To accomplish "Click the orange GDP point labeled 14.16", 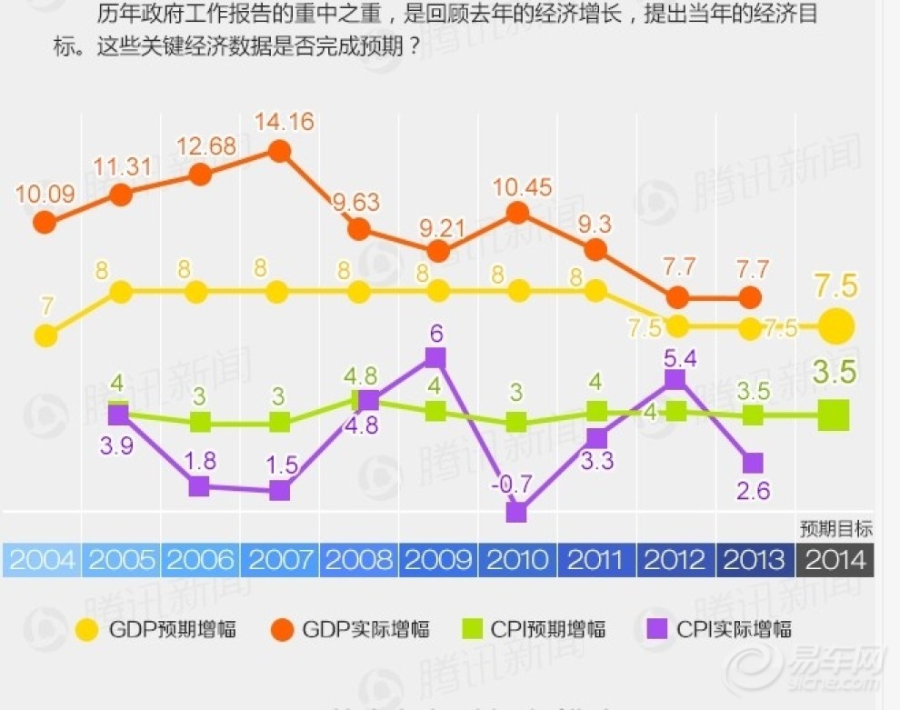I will click(280, 151).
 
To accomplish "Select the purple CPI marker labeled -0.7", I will click(516, 512).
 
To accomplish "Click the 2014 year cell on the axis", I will click(835, 559).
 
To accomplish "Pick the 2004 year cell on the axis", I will click(42, 559).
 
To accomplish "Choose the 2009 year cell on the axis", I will click(438, 559).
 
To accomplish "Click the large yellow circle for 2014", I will click(836, 326).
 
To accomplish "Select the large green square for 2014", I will click(834, 416).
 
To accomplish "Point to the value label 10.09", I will click(42, 194).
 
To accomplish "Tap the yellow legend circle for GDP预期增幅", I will click(87, 629).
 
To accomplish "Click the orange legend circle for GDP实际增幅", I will click(282, 629).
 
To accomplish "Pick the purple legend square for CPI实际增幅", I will click(658, 629).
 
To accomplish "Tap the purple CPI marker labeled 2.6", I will click(753, 462).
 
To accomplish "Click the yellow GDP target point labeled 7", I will click(45, 336).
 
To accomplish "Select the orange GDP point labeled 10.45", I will click(517, 213).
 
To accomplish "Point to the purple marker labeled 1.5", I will click(280, 491).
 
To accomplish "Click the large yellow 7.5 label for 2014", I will click(835, 285).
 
